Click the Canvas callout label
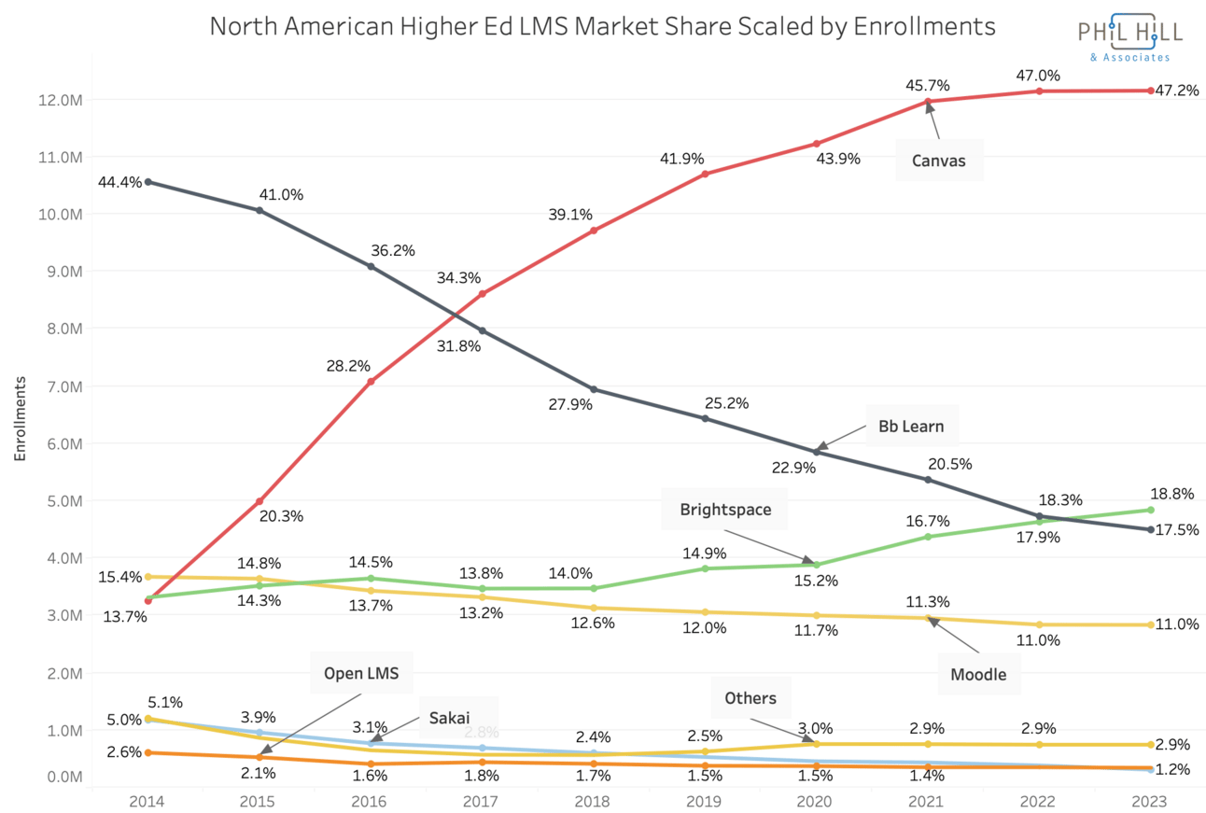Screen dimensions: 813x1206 (x=939, y=161)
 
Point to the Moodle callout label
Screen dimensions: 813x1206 (x=978, y=674)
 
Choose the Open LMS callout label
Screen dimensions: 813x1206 (x=368, y=673)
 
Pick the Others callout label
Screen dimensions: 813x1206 (x=756, y=697)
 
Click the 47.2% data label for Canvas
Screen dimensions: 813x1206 (x=1177, y=91)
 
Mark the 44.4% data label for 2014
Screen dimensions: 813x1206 (x=119, y=182)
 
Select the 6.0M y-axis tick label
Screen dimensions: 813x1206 (x=64, y=443)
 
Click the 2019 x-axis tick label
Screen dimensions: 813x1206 (x=704, y=801)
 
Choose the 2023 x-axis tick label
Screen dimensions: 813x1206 (x=1149, y=801)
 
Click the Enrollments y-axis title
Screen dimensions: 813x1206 (x=20, y=418)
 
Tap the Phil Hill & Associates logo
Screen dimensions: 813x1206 (x=1129, y=38)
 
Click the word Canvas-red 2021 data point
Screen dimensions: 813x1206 (x=928, y=102)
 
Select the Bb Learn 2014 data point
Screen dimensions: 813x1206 (x=148, y=182)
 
